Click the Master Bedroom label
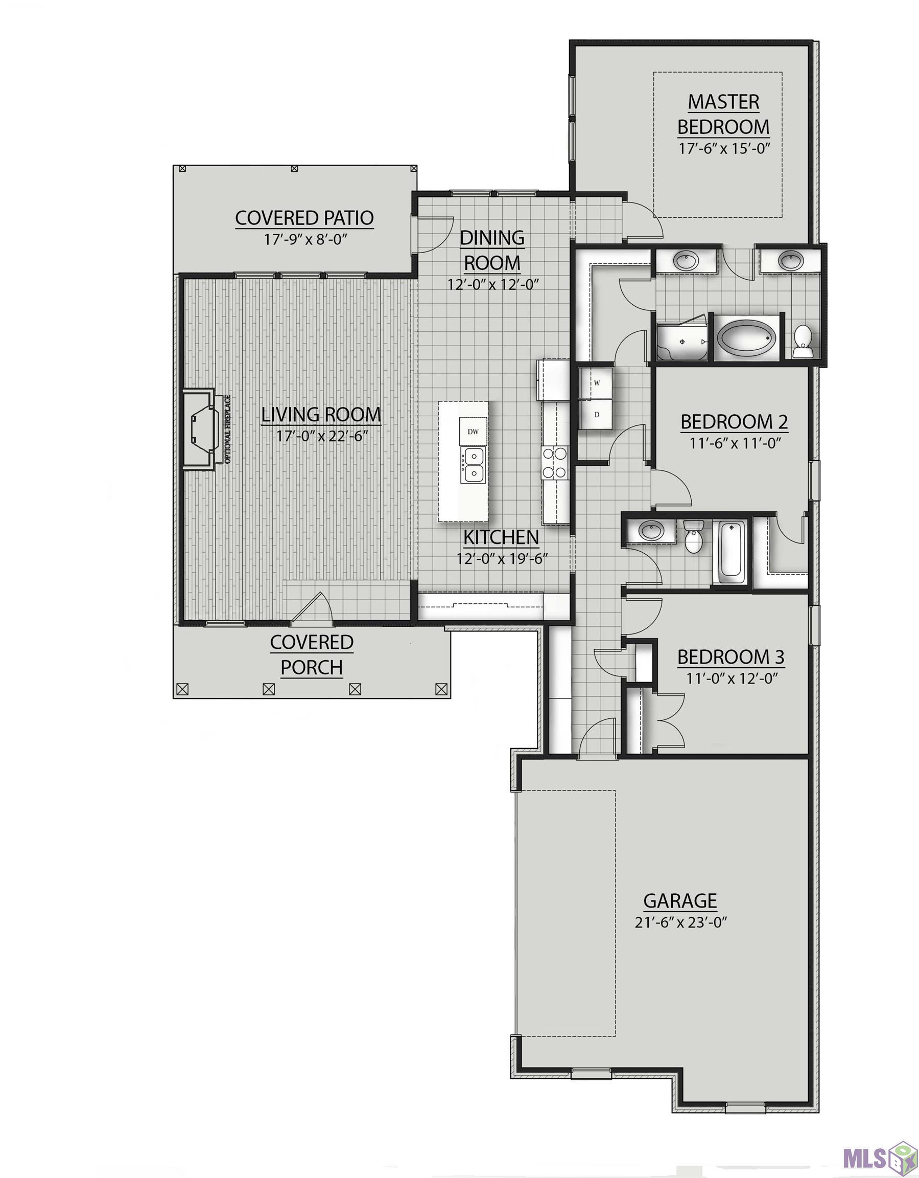(723, 115)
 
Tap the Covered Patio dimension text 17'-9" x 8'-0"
(304, 239)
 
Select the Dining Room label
(492, 250)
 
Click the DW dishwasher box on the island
(473, 432)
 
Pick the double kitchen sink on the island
(473, 465)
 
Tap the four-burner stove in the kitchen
(555, 463)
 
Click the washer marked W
(596, 383)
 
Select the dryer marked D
(596, 414)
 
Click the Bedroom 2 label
(734, 421)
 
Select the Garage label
(680, 901)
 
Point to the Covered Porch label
(312, 655)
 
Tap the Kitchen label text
(501, 537)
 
